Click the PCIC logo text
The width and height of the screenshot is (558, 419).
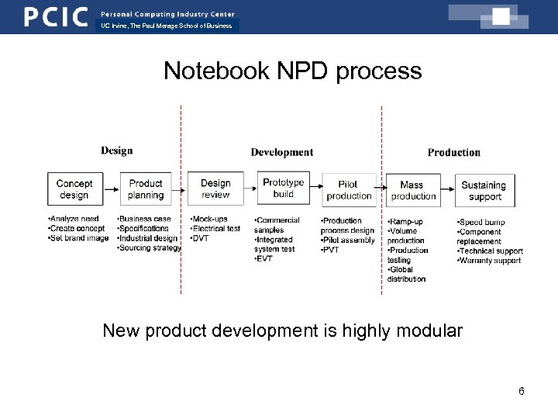coord(55,16)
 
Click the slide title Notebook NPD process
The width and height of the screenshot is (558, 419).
coord(292,71)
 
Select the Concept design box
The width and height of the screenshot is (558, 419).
coord(74,189)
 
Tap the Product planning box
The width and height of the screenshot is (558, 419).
coord(146,189)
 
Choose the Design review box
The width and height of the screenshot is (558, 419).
coord(215,189)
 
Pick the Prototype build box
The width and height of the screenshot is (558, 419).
coord(284,189)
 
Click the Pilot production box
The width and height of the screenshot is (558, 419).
coord(349,190)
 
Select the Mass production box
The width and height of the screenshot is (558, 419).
coord(412,190)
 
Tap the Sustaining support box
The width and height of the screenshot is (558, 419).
coord(483,190)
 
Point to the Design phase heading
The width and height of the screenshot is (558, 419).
coord(116,151)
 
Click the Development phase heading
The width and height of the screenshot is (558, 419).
coord(281,152)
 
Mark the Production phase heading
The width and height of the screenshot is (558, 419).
coord(453,152)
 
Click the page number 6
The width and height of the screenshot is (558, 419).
coord(521,391)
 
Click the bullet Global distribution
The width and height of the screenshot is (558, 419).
coord(406,275)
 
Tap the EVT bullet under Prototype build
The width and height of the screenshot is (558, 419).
coord(264,258)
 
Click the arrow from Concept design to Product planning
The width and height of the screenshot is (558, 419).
coord(111,188)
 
